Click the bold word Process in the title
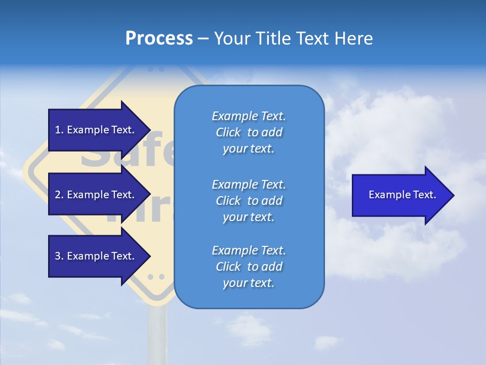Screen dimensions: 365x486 (159, 39)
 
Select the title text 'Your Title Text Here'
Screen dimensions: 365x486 (293, 39)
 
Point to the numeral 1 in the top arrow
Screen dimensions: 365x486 (58, 130)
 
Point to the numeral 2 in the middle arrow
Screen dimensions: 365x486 (58, 195)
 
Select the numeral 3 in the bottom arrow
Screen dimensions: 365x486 (58, 257)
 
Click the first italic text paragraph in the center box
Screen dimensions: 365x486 (249, 132)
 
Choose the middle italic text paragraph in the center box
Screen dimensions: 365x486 (249, 201)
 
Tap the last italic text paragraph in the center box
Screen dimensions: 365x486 (249, 267)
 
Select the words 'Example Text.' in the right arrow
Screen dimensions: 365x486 (402, 195)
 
